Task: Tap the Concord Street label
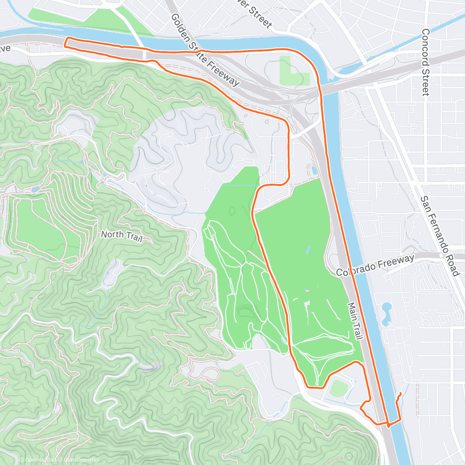(x=425, y=62)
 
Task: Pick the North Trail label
(x=121, y=236)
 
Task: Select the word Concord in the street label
(x=425, y=46)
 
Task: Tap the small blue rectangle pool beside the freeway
(x=314, y=170)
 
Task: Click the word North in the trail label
(x=112, y=234)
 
